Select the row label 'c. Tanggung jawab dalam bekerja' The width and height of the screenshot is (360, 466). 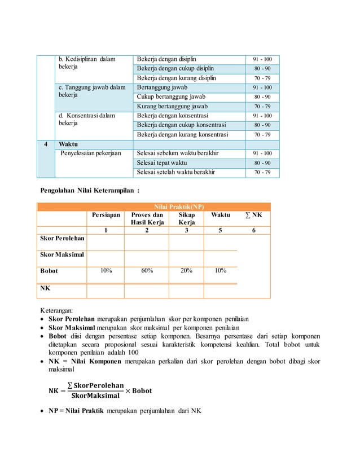click(x=92, y=92)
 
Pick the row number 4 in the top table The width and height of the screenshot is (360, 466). click(x=46, y=144)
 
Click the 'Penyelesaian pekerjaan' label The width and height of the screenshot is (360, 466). click(x=91, y=153)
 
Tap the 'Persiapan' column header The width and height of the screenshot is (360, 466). click(x=105, y=215)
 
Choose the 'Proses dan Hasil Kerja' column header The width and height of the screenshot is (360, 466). click(x=147, y=219)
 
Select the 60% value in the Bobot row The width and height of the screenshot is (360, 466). click(x=147, y=271)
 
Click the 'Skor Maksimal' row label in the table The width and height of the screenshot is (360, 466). click(x=62, y=255)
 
